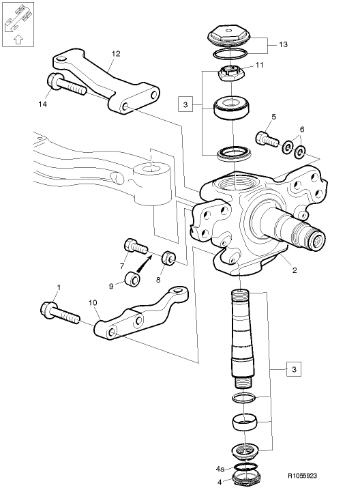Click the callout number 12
pos(115,53)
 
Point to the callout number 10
pos(93,302)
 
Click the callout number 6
pos(302,129)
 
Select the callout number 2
pos(294,270)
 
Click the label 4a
pos(220,470)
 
